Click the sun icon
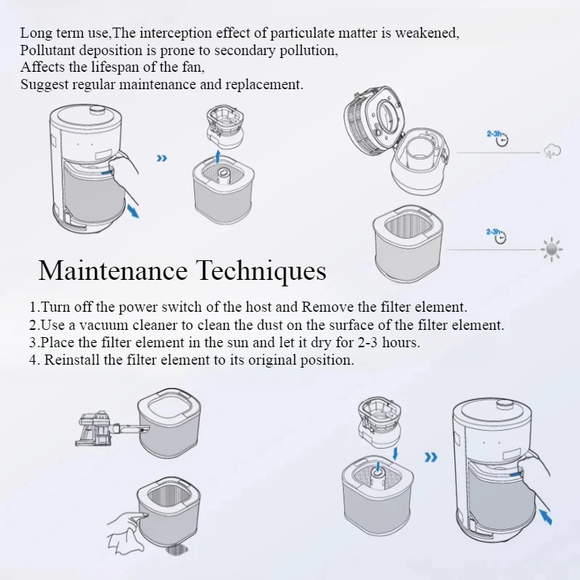pyautogui.click(x=552, y=249)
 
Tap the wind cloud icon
pyautogui.click(x=552, y=151)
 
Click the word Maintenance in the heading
pyautogui.click(x=113, y=270)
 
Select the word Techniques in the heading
pyautogui.click(x=261, y=271)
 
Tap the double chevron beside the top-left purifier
pyautogui.click(x=162, y=158)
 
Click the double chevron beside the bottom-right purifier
pyautogui.click(x=431, y=457)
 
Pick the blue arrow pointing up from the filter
pyautogui.click(x=218, y=157)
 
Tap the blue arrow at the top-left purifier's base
pyautogui.click(x=133, y=211)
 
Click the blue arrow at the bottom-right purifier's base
pyautogui.click(x=546, y=517)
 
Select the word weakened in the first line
pyautogui.click(x=427, y=33)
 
